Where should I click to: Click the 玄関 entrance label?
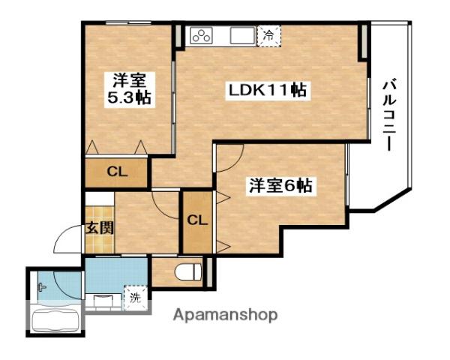[98, 227]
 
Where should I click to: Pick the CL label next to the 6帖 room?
[197, 220]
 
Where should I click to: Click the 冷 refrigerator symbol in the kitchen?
[268, 34]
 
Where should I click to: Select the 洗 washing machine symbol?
[135, 296]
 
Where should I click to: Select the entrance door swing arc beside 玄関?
[67, 244]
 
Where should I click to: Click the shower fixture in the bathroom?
[42, 286]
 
